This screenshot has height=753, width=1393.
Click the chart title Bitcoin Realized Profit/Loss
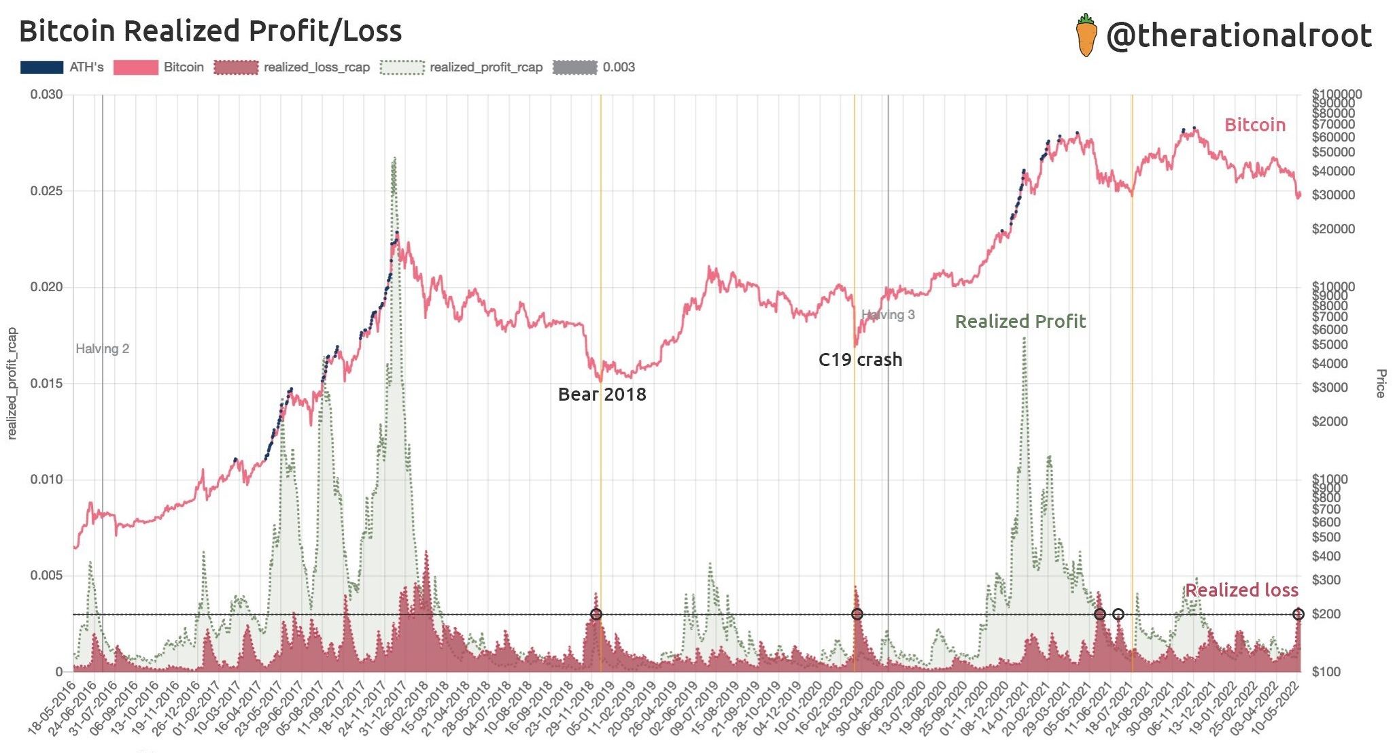210,31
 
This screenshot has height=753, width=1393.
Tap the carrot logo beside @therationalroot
1086,35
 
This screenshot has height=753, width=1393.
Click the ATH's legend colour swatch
41,67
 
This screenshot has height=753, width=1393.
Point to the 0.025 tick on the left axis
46,191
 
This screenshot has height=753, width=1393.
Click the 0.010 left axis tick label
46,480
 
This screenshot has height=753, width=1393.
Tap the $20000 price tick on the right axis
1333,229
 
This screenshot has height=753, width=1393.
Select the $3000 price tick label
1330,388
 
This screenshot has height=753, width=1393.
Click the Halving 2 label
102,349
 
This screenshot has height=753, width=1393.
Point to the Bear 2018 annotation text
602,395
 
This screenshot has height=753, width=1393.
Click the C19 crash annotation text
860,360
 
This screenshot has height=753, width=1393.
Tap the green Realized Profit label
1020,322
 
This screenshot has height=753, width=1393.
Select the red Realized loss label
1241,590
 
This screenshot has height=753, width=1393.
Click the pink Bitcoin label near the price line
1254,125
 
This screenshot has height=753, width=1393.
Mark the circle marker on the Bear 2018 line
596,614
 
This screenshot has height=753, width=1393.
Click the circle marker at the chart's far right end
1298,614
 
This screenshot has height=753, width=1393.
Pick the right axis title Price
1380,384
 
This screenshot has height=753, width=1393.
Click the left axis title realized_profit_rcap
12,384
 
